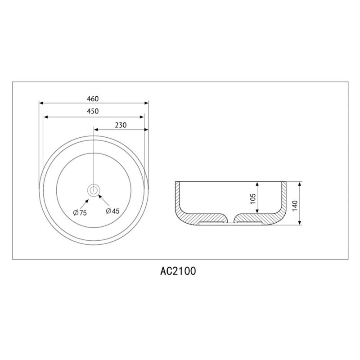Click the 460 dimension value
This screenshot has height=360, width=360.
click(93, 99)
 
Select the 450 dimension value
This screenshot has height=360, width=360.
click(93, 111)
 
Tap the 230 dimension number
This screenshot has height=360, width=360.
click(121, 125)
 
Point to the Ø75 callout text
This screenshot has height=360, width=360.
click(80, 213)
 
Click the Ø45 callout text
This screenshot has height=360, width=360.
click(113, 211)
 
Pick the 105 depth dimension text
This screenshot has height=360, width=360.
click(252, 198)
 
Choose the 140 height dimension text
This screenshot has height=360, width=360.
click(295, 206)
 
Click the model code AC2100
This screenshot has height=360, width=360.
click(178, 271)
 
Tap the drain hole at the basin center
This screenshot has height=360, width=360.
click(94, 190)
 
